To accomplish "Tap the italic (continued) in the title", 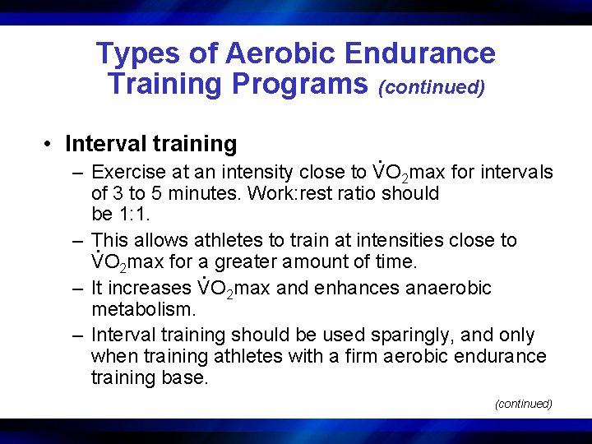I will point(431,86).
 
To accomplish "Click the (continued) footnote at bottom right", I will point(523,404).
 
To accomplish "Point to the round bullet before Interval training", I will point(51,145).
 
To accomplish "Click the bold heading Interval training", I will point(150,144).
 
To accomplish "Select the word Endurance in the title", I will point(419,53).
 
